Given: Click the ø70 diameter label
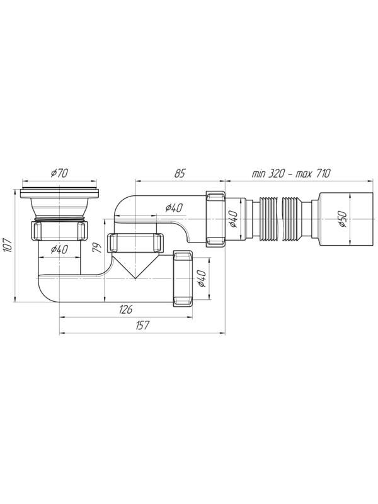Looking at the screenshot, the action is (59, 173).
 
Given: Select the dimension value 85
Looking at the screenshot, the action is (180, 174).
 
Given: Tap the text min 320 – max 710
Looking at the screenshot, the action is (291, 174).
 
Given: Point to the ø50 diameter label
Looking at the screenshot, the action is (343, 219).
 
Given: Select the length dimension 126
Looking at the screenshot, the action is (125, 309).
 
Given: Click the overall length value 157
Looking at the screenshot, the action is (142, 325).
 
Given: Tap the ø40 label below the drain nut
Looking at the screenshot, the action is (59, 249).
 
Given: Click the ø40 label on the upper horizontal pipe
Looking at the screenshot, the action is (174, 209).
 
